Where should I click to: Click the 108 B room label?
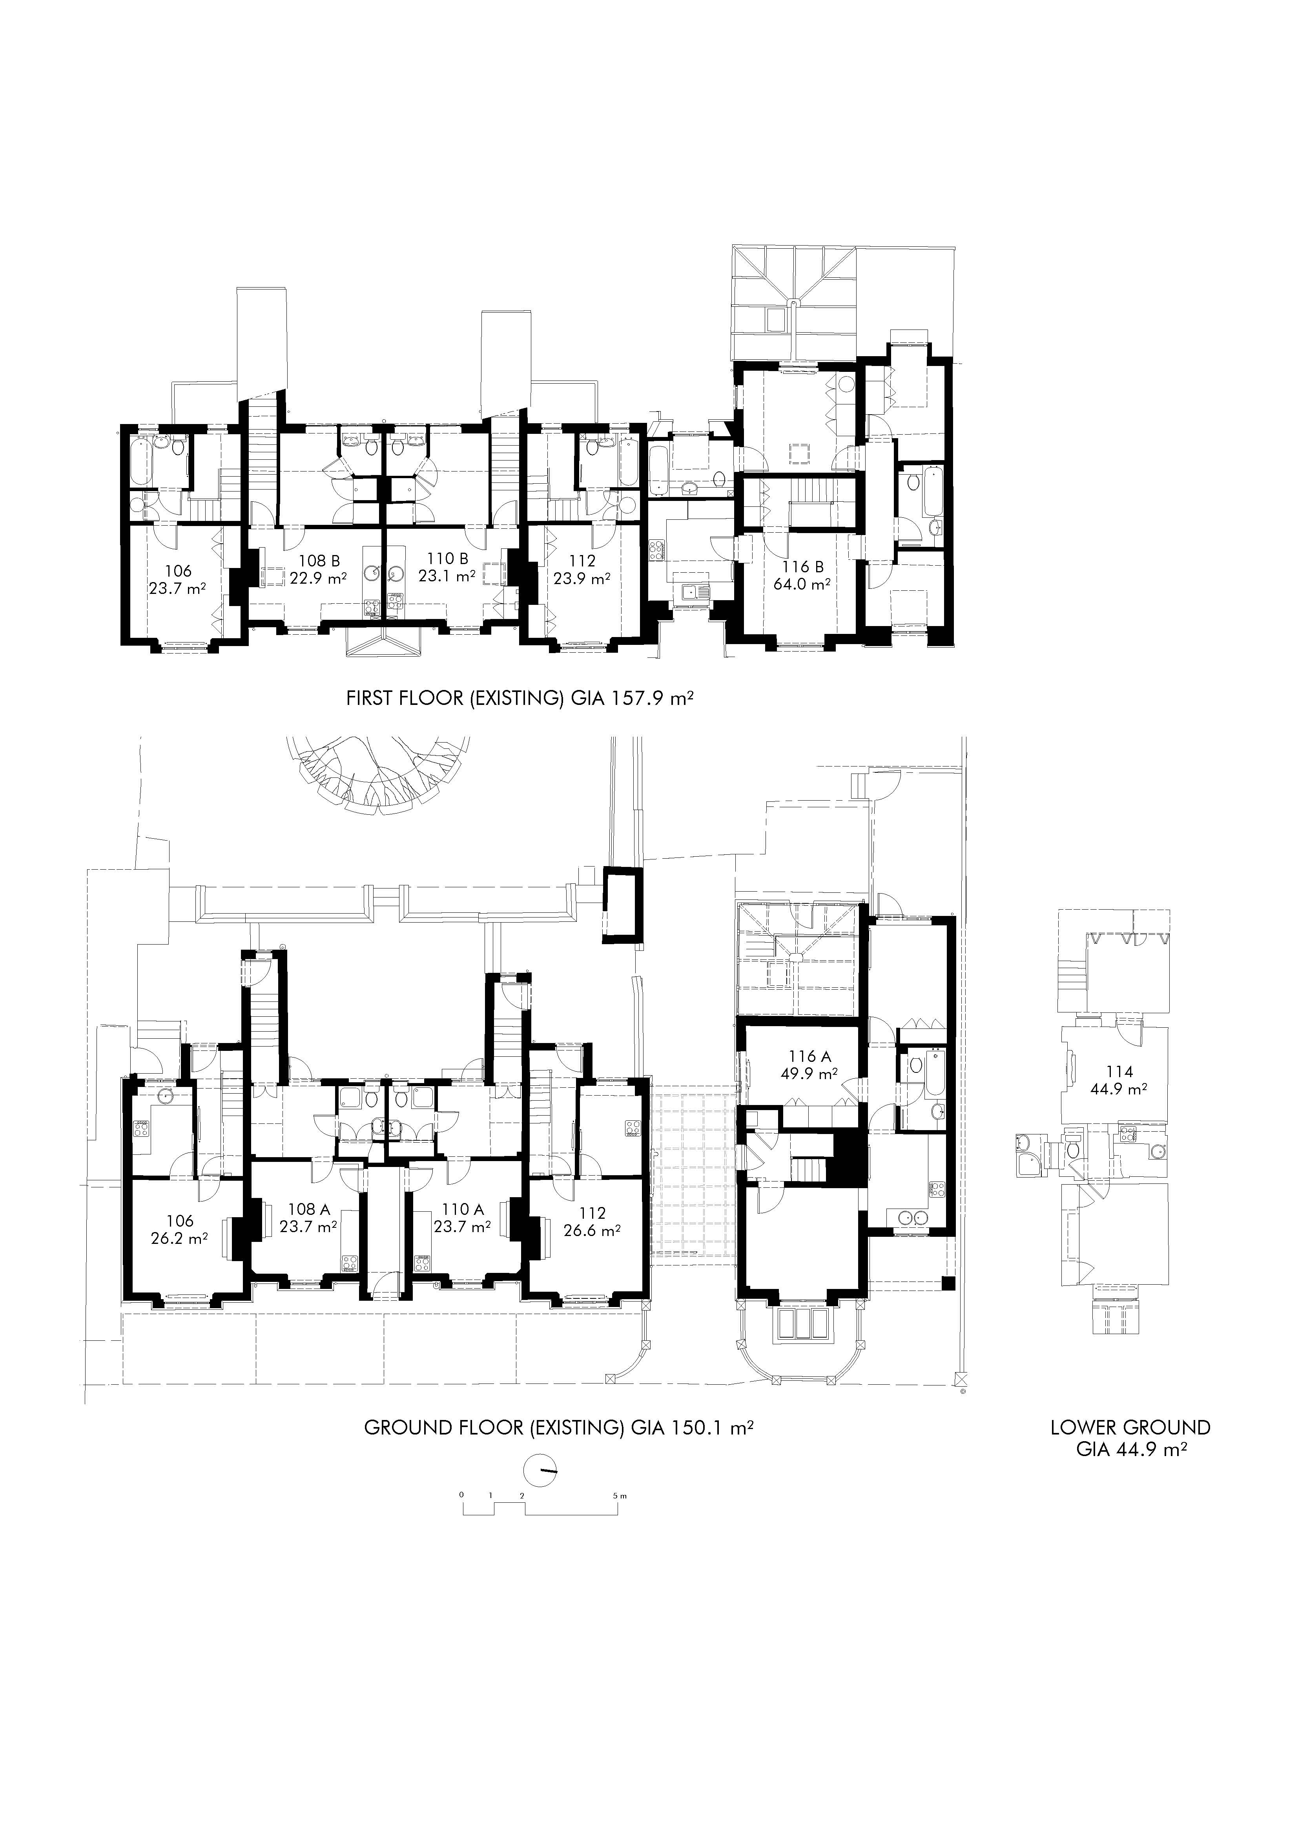(x=319, y=561)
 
